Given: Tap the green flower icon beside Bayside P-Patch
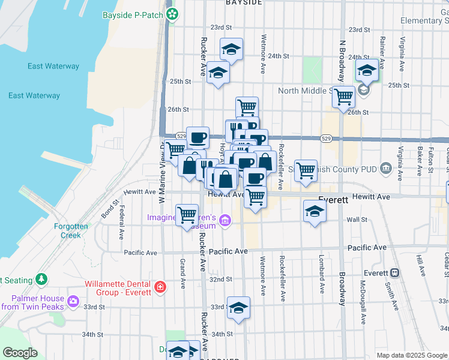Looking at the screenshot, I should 172,14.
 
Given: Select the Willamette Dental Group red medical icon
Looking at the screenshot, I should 159,287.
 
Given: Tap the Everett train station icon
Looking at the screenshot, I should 395,272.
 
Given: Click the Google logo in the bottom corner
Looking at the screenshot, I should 19,353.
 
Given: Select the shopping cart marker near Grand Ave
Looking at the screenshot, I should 187,214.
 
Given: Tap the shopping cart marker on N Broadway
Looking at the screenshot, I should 343,96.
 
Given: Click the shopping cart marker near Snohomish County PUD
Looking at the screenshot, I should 306,170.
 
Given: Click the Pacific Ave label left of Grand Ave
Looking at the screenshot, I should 140,253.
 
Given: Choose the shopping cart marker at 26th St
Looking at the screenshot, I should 247,107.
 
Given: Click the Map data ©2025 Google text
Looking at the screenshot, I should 412,355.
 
